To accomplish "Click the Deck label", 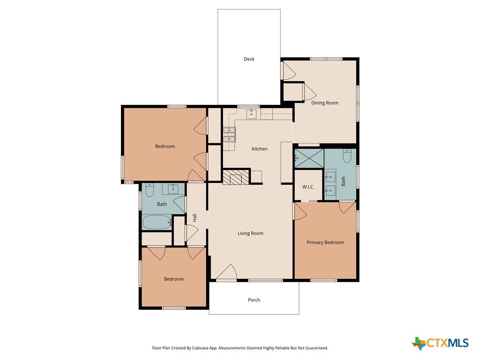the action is click(x=249, y=59).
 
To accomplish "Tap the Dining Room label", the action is click(x=325, y=103).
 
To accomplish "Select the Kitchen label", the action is click(x=259, y=149).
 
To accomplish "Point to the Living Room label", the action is click(x=250, y=233).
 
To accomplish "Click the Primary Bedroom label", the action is click(x=325, y=242).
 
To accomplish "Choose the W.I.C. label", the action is click(x=308, y=187).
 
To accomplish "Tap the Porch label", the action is click(x=254, y=300).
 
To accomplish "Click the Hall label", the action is click(x=195, y=218).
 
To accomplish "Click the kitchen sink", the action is click(x=252, y=113).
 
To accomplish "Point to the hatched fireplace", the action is click(x=236, y=177).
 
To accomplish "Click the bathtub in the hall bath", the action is click(x=157, y=222).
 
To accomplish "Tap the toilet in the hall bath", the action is click(x=150, y=190).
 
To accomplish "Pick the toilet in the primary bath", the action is click(x=347, y=156).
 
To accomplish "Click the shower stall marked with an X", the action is click(x=309, y=158).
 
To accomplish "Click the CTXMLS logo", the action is click(x=440, y=343).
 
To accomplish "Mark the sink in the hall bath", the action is click(x=173, y=189).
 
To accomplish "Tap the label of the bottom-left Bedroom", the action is click(x=174, y=279).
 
